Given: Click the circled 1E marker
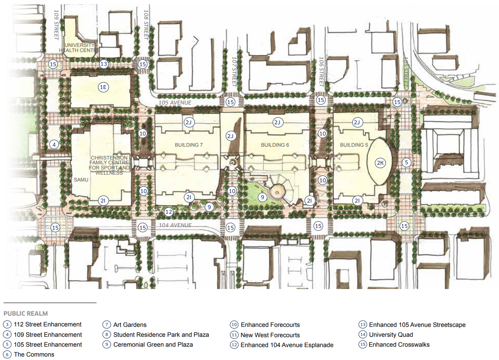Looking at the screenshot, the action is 103,87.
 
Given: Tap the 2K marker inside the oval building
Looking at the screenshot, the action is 380,163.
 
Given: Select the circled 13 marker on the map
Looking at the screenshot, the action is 104,64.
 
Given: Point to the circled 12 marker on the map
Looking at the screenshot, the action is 169,212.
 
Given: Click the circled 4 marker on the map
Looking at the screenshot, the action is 54,145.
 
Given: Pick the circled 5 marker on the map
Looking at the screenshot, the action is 407,162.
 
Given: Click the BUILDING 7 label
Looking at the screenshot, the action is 189,145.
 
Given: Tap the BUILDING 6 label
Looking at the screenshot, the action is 275,145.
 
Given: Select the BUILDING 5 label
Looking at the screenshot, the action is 354,145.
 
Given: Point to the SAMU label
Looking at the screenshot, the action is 81,180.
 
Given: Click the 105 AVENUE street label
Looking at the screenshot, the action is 175,102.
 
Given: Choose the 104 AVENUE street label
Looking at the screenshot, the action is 176,225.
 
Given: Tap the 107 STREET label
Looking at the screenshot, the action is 234,71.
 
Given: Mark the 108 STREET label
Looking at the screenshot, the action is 146,25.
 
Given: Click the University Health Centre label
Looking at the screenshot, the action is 80,48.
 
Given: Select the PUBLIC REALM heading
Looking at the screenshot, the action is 25,314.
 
